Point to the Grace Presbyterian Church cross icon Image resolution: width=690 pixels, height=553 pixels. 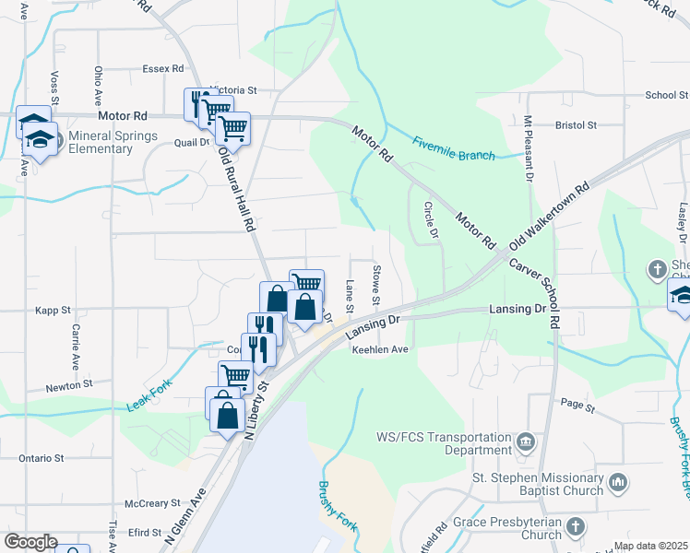click(575, 526)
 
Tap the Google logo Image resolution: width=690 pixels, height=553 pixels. click(30, 542)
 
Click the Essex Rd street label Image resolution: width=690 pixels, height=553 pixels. click(163, 69)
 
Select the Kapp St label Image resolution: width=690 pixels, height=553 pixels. click(53, 311)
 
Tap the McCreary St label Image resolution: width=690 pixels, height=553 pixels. click(147, 503)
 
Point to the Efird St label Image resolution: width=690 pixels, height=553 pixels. click(145, 533)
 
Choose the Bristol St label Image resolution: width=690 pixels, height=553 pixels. click(577, 124)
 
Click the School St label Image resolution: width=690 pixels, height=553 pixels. click(666, 95)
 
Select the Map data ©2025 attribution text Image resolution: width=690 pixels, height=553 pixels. click(648, 547)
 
